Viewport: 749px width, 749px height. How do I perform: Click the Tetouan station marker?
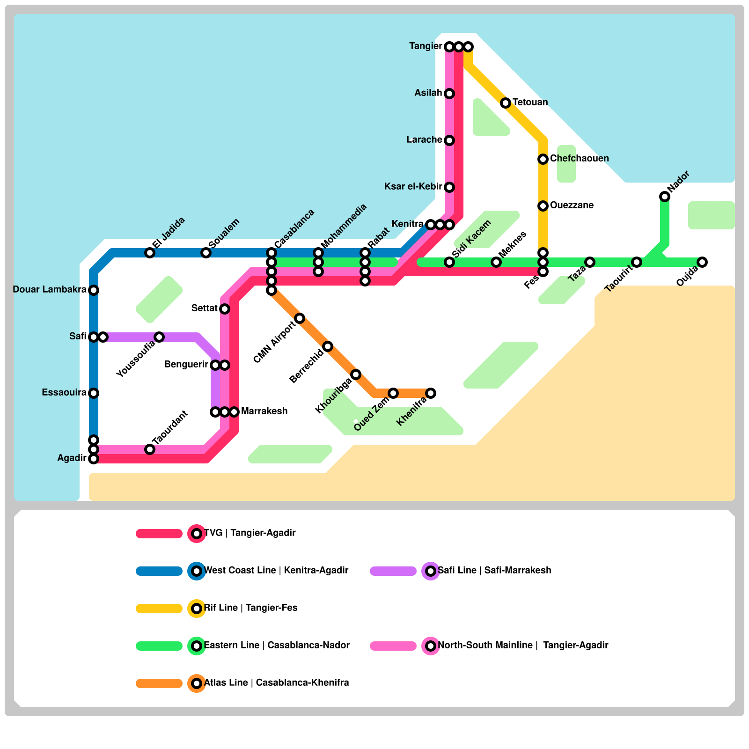[506, 103]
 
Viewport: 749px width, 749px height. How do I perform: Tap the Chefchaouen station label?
[579, 159]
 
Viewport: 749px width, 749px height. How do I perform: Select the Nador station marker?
[665, 197]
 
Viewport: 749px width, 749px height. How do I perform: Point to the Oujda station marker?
[702, 262]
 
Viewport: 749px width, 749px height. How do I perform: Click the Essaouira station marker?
[94, 393]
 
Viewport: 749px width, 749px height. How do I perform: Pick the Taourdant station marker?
[150, 449]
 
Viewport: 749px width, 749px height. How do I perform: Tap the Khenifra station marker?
[431, 393]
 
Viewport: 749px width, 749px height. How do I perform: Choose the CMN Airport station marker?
[300, 318]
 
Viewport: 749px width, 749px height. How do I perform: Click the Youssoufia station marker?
[159, 337]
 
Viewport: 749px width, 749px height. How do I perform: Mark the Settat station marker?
[225, 309]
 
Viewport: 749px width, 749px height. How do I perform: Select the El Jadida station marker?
[150, 253]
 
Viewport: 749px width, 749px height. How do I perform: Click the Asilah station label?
[428, 93]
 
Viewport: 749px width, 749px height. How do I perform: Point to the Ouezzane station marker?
[543, 206]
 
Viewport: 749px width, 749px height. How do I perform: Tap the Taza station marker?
[590, 262]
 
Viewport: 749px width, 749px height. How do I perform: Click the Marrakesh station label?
[264, 411]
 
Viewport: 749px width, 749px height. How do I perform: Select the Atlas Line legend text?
[276, 683]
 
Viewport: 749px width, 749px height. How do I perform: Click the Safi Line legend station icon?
[431, 571]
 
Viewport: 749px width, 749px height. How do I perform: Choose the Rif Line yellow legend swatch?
[159, 609]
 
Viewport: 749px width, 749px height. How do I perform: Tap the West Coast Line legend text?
[276, 571]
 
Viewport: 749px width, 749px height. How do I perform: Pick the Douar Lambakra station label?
[50, 290]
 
